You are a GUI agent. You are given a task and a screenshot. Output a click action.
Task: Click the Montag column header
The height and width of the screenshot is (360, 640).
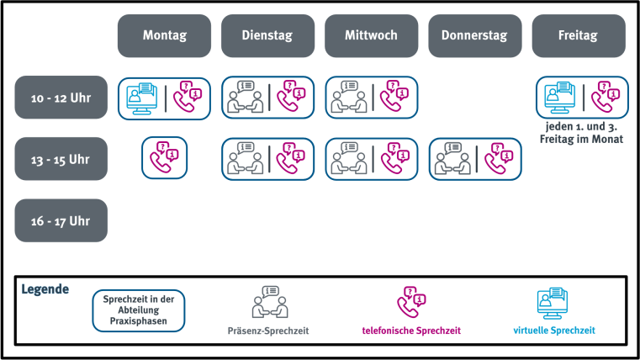pyautogui.click(x=164, y=36)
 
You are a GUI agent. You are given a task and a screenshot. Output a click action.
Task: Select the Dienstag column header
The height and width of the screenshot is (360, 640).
pyautogui.click(x=267, y=36)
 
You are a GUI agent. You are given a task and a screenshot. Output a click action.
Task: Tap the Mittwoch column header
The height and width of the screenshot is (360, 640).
pyautogui.click(x=371, y=36)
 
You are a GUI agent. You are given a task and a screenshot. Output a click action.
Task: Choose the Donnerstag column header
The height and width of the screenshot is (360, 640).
pyautogui.click(x=475, y=36)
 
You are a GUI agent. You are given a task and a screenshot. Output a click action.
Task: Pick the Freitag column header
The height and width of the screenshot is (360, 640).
pyautogui.click(x=579, y=36)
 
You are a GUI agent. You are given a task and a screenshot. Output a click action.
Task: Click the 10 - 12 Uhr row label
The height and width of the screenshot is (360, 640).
pyautogui.click(x=61, y=97)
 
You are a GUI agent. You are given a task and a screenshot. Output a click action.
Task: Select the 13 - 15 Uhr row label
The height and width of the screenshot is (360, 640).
pyautogui.click(x=61, y=158)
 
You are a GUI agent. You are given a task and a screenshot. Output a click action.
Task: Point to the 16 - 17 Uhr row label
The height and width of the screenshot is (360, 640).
pyautogui.click(x=61, y=220)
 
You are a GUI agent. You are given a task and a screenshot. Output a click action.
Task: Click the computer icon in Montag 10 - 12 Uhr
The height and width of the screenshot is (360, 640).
pyautogui.click(x=140, y=97)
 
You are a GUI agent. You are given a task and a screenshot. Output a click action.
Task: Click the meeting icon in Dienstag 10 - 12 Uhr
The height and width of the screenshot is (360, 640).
pyautogui.click(x=244, y=97)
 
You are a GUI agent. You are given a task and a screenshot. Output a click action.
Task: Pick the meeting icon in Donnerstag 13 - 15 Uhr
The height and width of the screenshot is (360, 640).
pyautogui.click(x=452, y=158)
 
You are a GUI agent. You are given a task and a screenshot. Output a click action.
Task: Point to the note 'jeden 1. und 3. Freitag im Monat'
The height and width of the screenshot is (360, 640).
pyautogui.click(x=582, y=133)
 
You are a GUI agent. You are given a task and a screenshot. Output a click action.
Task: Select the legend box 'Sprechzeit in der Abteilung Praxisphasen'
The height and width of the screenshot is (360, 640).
pyautogui.click(x=138, y=310)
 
